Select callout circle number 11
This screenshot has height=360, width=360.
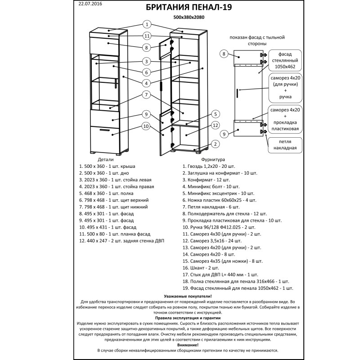[146, 36]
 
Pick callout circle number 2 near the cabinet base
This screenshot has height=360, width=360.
[215, 144]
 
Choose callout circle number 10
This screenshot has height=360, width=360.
[146, 126]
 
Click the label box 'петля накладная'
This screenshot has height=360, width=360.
[284, 144]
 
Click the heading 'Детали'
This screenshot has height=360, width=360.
[106, 159]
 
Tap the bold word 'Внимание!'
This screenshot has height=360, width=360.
[188, 345]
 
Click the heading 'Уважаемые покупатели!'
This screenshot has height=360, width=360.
[188, 296]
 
